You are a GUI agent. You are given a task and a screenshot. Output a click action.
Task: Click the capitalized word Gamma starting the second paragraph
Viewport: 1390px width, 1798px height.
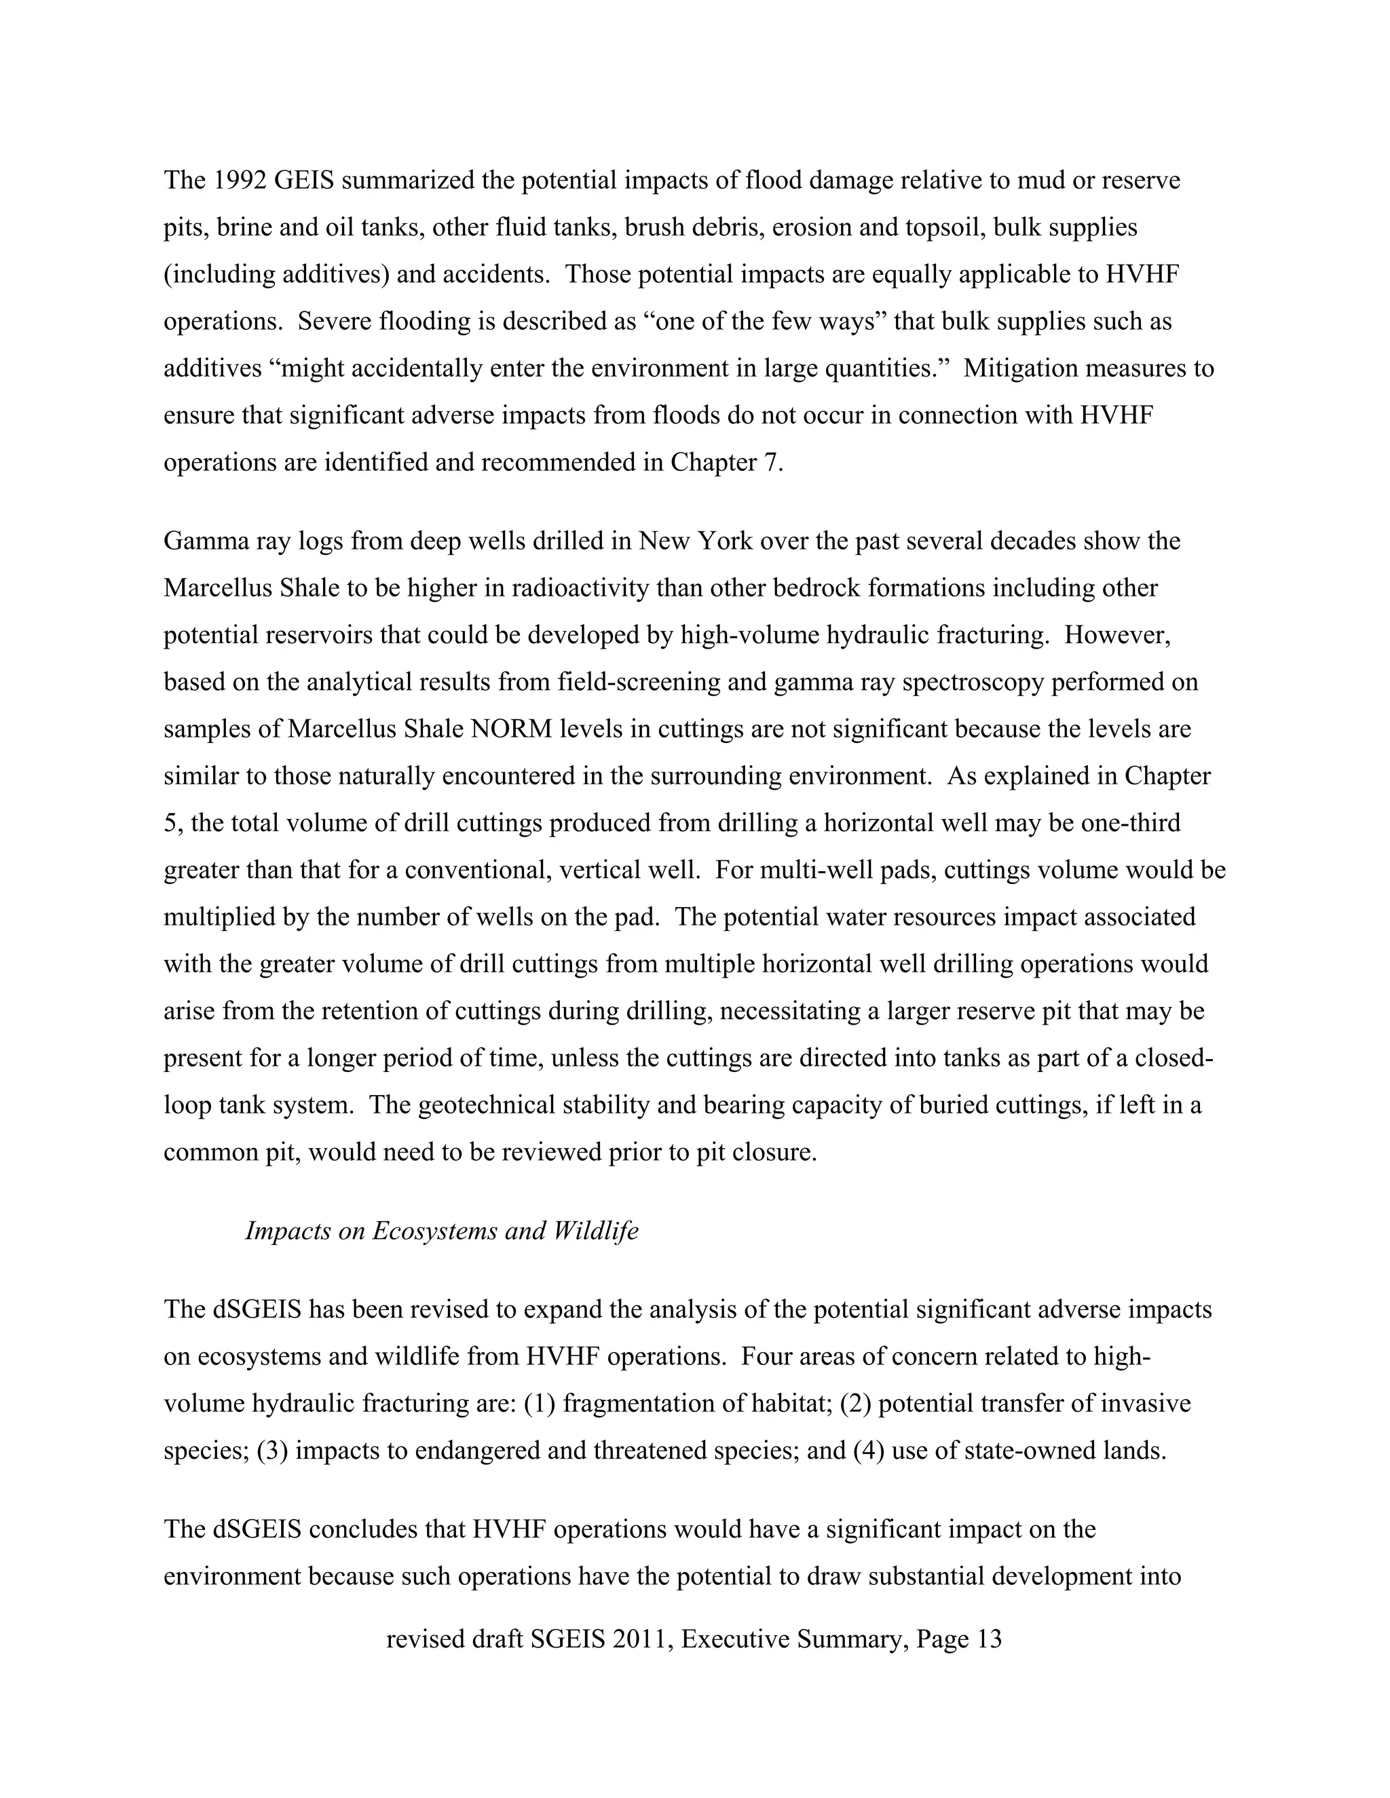click(202, 541)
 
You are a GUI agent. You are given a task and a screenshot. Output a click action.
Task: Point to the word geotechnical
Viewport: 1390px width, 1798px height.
click(487, 1105)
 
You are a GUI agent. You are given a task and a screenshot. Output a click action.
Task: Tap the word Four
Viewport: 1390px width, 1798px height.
click(765, 1356)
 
